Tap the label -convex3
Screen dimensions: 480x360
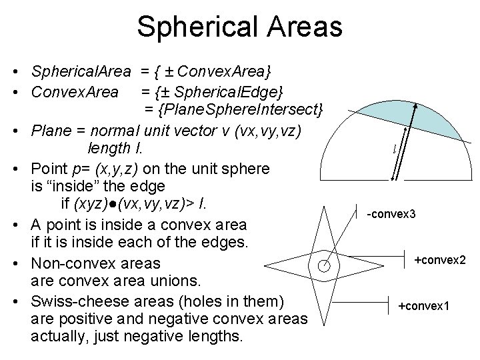(391, 214)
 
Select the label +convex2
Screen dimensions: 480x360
(439, 259)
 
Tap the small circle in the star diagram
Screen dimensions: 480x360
(325, 265)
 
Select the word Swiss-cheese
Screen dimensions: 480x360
(69, 301)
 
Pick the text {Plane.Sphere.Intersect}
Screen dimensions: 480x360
(234, 107)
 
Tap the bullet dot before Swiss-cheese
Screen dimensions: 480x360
(23, 302)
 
